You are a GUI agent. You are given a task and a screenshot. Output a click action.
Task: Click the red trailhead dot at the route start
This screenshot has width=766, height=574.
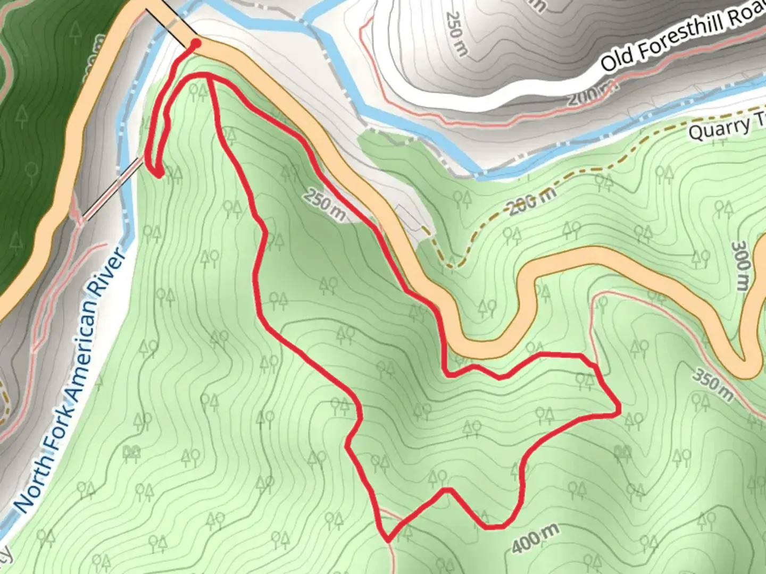[x=195, y=43]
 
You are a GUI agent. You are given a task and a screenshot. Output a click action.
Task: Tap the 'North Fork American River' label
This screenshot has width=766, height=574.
[x=69, y=380]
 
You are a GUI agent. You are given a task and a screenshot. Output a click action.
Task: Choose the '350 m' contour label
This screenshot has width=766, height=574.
[x=713, y=383]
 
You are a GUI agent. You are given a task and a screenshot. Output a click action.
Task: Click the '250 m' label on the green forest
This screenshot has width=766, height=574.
[x=324, y=205]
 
